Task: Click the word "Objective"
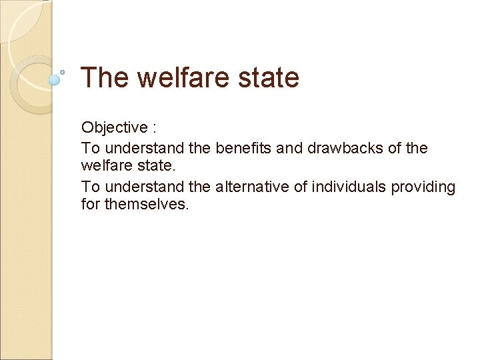[x=114, y=127]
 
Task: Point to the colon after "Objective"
[x=154, y=128]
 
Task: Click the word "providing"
[x=423, y=187]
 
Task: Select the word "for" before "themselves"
[x=90, y=204]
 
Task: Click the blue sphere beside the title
[x=55, y=79]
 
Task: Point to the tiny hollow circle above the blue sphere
[x=63, y=71]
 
